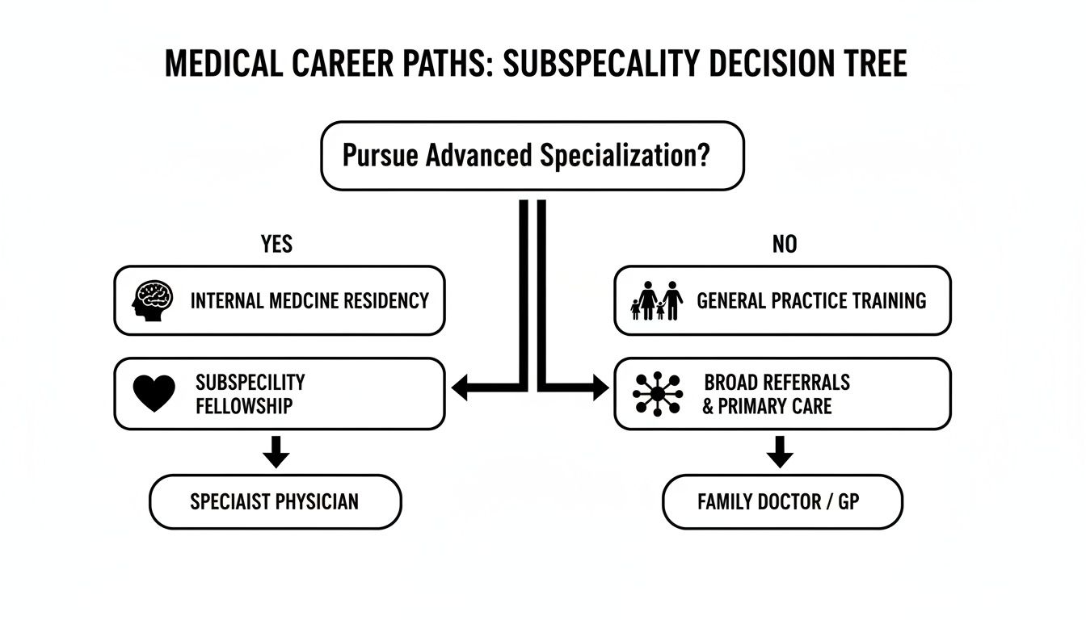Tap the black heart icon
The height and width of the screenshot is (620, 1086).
pos(154,394)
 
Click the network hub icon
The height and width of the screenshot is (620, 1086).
pos(657,394)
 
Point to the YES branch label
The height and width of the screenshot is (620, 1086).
pos(276,244)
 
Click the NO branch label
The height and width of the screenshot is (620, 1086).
pos(784,244)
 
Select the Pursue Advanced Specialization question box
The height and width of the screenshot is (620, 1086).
pos(532,156)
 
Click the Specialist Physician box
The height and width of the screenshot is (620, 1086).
pos(275,501)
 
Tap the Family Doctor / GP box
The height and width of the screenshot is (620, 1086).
pos(781,501)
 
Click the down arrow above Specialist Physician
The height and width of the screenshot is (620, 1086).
pos(276,452)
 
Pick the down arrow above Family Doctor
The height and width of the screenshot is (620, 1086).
pos(780,452)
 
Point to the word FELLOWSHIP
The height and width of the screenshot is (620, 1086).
pos(243,405)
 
